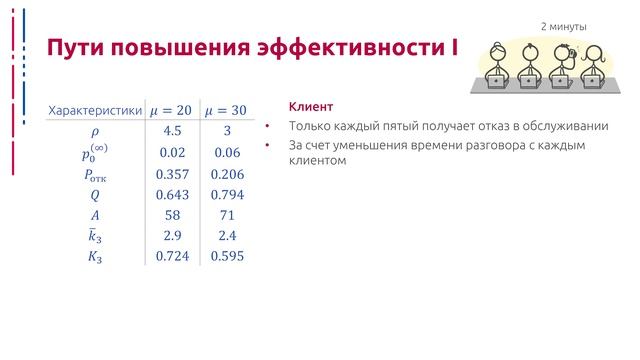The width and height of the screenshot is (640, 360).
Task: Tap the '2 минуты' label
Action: click(x=564, y=27)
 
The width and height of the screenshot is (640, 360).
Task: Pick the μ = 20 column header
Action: click(x=171, y=110)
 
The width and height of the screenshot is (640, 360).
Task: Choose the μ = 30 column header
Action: click(x=226, y=110)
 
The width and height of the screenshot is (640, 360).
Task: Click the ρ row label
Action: click(x=96, y=131)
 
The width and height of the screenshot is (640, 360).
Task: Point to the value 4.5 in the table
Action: click(x=171, y=131)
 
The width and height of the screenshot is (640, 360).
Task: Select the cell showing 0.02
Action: click(x=171, y=152)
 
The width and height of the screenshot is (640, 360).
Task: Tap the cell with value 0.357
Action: click(x=172, y=173)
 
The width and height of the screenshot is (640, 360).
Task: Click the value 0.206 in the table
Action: click(x=227, y=173)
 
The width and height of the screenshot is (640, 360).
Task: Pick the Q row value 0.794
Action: click(x=227, y=194)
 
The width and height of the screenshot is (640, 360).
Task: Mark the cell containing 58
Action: click(x=171, y=215)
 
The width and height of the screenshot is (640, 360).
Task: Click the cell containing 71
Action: click(x=227, y=215)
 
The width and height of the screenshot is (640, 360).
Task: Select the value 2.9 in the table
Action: click(x=171, y=236)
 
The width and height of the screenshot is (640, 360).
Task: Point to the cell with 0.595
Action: click(x=227, y=257)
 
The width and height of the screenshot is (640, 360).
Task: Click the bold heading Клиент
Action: click(x=310, y=107)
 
